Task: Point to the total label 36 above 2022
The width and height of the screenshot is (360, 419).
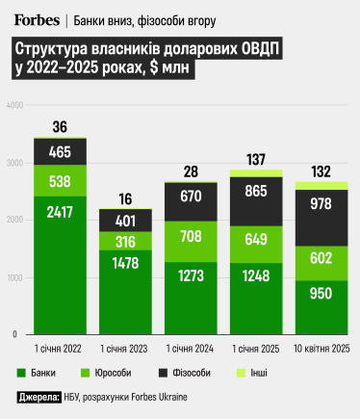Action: pos(60,127)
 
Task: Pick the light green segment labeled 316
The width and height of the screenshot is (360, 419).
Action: pos(125,240)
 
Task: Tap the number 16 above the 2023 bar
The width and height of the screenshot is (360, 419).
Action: pos(125,199)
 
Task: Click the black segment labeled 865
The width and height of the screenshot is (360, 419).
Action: pos(256,191)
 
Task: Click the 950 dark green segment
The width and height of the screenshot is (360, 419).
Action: pos(321,291)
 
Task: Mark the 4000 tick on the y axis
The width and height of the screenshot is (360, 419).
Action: pos(13,104)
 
